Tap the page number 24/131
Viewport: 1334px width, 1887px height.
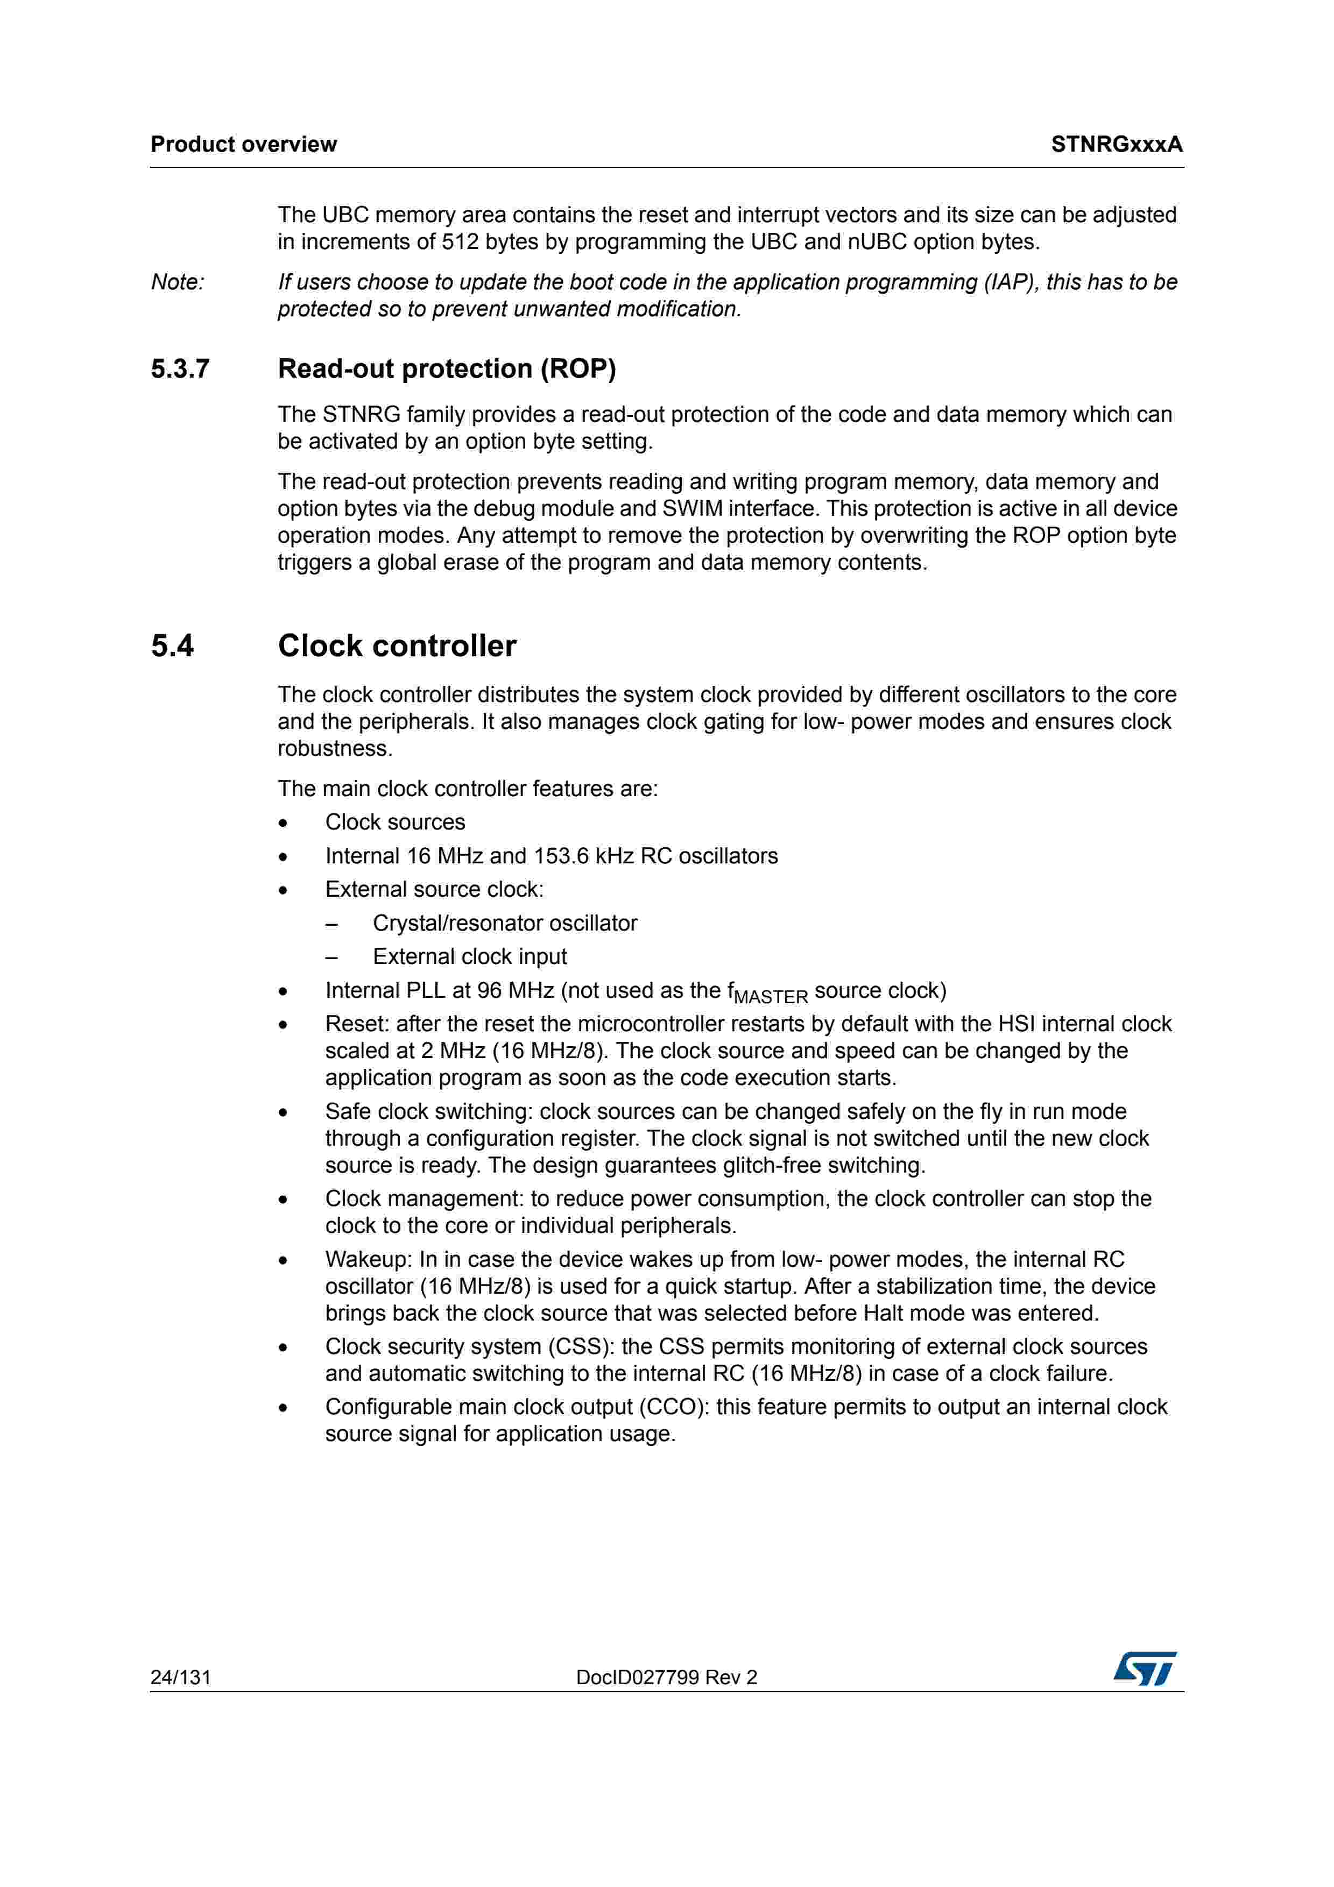[181, 1677]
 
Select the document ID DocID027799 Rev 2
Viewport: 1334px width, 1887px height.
[667, 1677]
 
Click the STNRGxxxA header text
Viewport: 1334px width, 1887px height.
[1116, 145]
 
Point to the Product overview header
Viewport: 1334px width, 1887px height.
[243, 145]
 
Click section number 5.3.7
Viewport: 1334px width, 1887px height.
[180, 369]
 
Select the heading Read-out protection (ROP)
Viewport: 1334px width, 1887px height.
[446, 369]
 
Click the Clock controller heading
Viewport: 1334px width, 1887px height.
[397, 646]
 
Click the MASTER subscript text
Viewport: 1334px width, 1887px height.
[771, 997]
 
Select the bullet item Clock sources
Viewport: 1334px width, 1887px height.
[394, 822]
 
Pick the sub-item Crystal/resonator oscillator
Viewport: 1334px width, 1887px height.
[505, 923]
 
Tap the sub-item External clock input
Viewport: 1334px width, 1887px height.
[469, 956]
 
